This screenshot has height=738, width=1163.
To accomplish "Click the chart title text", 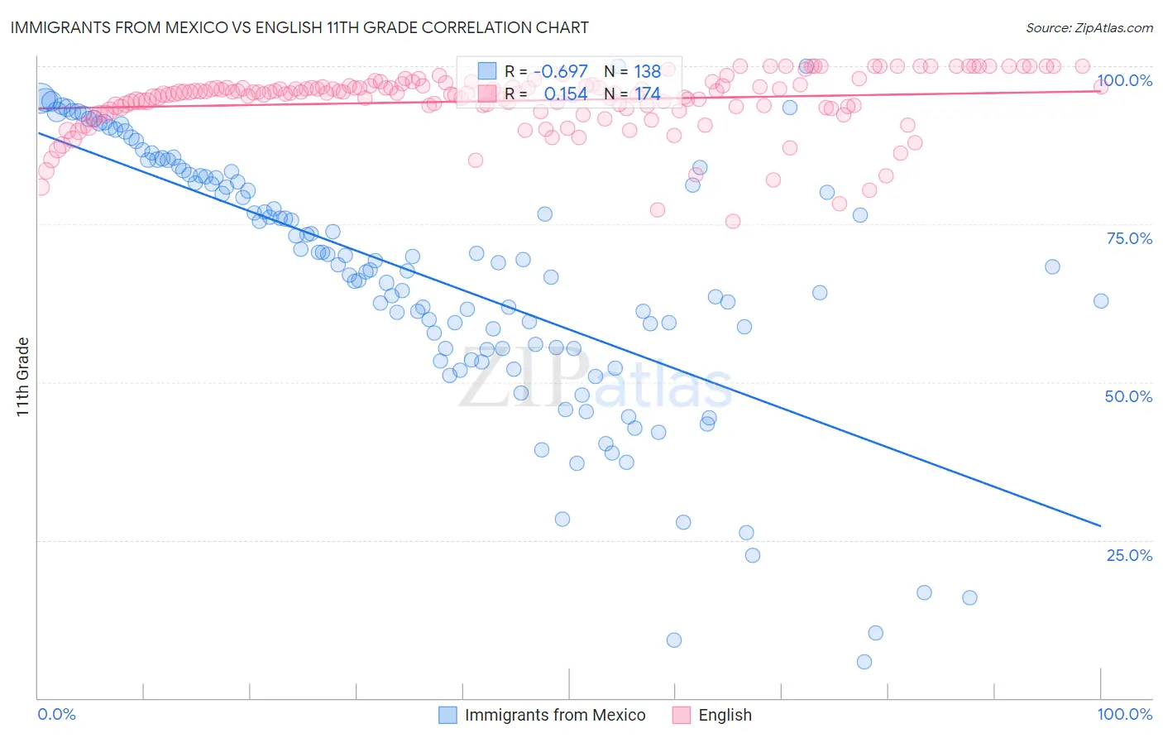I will coord(299,27).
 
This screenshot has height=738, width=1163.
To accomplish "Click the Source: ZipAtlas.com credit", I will coord(1089,27).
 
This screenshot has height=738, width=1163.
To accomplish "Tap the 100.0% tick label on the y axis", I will coord(1124,80).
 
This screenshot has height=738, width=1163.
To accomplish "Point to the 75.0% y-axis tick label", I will coord(1129,238).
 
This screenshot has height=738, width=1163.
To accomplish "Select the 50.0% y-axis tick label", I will coord(1128,396).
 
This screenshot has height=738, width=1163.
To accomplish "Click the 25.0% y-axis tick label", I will coord(1129,555).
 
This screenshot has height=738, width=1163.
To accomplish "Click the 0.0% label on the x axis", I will coord(56,714).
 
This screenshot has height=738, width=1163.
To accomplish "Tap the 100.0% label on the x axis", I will coord(1124,714).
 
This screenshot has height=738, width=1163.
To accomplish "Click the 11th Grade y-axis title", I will coord(23,376).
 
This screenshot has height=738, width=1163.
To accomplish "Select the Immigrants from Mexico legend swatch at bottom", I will coord(447,715).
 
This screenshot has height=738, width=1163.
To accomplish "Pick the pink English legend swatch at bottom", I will coord(682,715).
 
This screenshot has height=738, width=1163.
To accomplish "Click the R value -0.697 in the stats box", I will coord(560,71).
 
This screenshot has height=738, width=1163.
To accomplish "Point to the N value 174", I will coord(648,93).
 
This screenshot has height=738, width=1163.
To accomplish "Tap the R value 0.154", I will coord(566,93).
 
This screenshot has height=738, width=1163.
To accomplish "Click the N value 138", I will coord(648,71).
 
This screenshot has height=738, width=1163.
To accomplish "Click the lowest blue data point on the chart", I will coord(864,662).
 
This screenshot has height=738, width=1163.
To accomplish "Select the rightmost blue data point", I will coord(1101,301).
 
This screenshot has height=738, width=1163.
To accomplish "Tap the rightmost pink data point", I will coord(1101,87).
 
